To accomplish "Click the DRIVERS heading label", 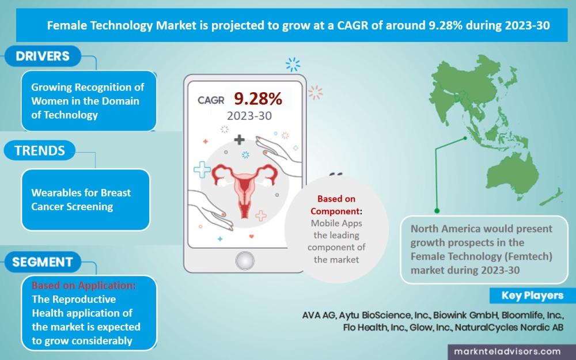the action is click(x=43, y=56).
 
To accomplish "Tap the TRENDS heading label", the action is click(x=40, y=150).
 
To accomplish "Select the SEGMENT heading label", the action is click(x=43, y=262).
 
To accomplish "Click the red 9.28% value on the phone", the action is click(x=258, y=98).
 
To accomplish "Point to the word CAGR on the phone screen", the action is click(x=211, y=100).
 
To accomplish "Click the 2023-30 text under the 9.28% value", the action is click(x=249, y=116).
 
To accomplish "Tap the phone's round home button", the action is click(x=245, y=260).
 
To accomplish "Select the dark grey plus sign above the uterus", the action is click(x=239, y=139).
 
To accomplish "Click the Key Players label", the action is click(x=532, y=295).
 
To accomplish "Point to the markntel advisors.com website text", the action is click(x=507, y=351).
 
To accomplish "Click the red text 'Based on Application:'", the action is click(x=84, y=285).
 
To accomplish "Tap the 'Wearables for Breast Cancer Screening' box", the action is click(x=86, y=199).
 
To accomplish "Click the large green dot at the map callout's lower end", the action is click(x=437, y=210).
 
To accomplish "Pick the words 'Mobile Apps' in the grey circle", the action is click(x=336, y=223).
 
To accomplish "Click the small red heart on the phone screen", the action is click(x=251, y=236).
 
